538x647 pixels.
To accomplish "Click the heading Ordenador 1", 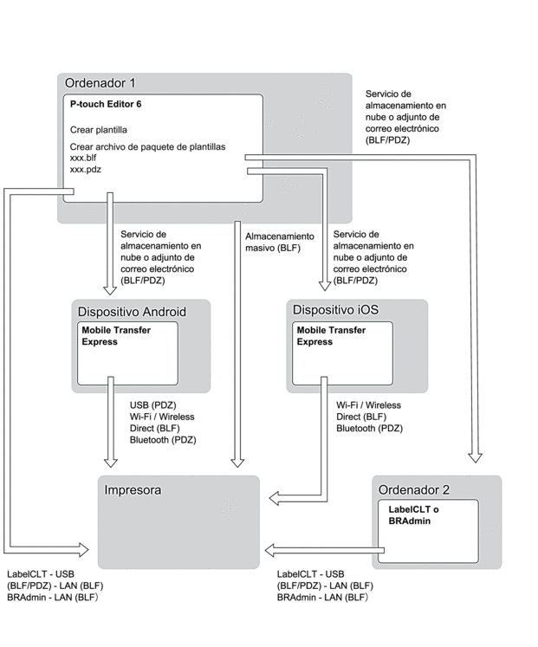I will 100,83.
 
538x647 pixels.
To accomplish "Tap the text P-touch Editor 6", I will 106,104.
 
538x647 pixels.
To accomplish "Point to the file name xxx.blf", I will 82,159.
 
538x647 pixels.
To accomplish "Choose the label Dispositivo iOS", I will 335,309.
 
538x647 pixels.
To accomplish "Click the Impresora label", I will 133,491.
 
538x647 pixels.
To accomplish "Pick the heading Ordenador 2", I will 413,491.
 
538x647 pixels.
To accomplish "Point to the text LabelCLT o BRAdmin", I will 413,515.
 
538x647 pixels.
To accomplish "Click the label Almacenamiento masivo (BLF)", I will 277,243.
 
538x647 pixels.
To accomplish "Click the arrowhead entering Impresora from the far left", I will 84,548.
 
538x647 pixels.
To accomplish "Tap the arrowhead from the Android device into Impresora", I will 109,461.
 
